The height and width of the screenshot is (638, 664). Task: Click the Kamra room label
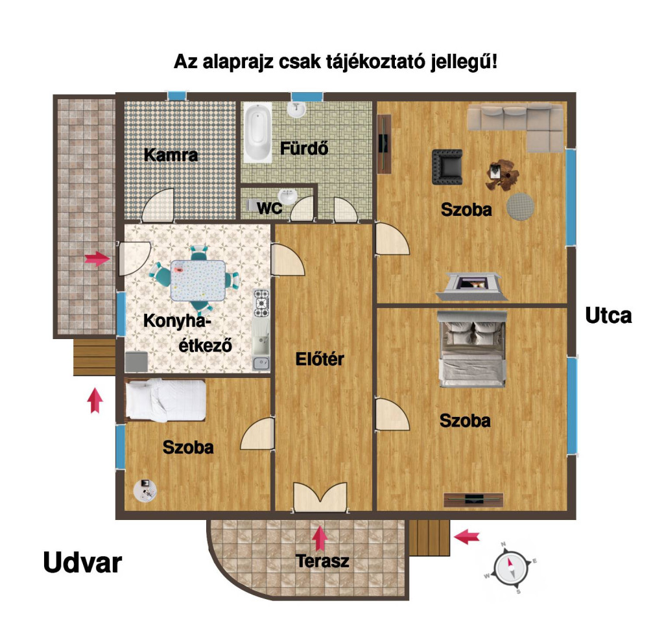pos(171,155)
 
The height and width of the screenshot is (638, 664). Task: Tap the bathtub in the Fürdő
pos(258,132)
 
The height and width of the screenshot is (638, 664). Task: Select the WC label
pos(269,208)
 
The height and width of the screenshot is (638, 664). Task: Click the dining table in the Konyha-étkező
pos(198,281)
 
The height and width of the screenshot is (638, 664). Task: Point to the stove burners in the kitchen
pos(261,303)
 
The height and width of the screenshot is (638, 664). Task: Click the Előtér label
pos(320,359)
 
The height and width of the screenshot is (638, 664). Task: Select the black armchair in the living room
pos(447,167)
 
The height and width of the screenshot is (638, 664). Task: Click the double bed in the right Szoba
pos(472,349)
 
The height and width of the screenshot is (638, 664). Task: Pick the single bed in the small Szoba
pos(165,400)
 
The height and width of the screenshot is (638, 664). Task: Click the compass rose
pos(511,568)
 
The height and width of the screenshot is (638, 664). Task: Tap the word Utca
pos(608,315)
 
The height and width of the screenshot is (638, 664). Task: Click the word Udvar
pos(82,563)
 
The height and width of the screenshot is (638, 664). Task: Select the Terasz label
pos(323,561)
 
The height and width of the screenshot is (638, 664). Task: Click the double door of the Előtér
pos(320,497)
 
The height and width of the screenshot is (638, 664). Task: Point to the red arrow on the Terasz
pos(320,538)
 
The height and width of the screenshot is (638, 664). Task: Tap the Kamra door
pos(158,205)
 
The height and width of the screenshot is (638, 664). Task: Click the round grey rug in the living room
pos(520,207)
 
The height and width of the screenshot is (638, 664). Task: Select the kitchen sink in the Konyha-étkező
pos(261,363)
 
